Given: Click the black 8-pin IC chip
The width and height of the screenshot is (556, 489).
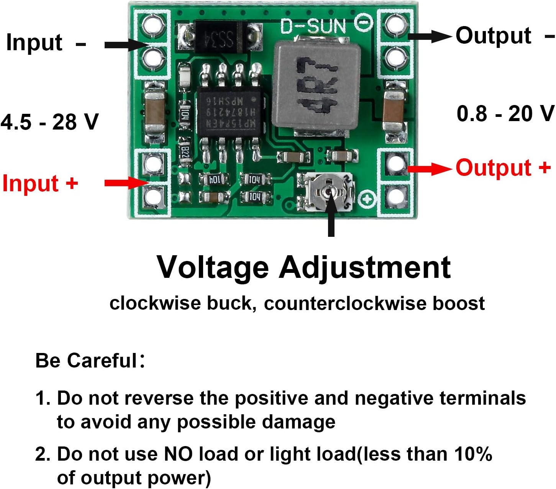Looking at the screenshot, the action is [x=230, y=112].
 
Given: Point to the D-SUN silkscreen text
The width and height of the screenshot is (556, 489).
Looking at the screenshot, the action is [x=313, y=26].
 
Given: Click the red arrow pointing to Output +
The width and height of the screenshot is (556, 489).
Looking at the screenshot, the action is [x=429, y=168].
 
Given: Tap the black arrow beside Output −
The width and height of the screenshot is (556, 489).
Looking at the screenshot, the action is [x=429, y=36].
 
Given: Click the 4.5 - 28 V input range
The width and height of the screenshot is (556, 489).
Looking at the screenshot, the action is [x=49, y=122].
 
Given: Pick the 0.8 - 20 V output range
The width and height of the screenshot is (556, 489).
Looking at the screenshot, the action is [x=505, y=114].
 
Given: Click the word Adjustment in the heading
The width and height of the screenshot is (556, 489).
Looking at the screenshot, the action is [x=364, y=267].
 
